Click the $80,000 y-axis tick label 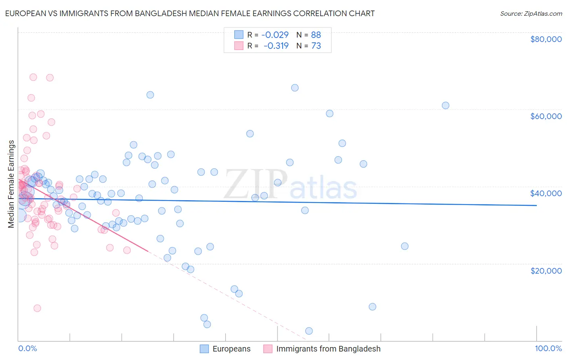546,39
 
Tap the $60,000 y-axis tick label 546,116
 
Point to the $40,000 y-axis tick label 546,193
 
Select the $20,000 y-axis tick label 546,270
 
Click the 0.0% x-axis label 27,348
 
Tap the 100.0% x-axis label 548,348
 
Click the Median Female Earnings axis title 11,184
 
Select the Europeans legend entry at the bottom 231,349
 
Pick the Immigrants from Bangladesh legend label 328,349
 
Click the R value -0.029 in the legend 275,35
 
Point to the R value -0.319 276,46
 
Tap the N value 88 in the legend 316,35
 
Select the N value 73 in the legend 316,46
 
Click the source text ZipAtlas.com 531,13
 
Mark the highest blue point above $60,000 295,88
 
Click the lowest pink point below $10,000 37,308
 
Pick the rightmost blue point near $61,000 446,105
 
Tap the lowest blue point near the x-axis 309,331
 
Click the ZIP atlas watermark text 291,185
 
